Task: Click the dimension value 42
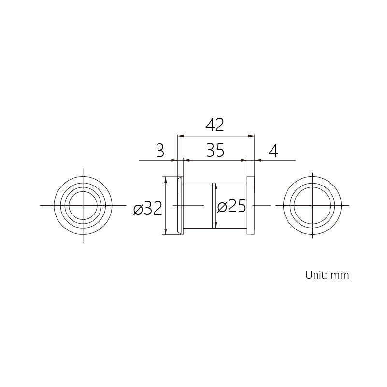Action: tap(215, 126)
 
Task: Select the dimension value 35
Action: tap(215, 150)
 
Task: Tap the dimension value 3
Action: tap(160, 150)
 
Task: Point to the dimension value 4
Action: tap(273, 151)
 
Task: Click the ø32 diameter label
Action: tap(147, 208)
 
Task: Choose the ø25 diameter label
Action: tap(231, 206)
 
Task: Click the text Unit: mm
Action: tap(327, 275)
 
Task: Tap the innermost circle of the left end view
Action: tap(83, 191)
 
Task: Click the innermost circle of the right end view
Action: tap(312, 187)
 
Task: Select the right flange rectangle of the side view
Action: tap(251, 206)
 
